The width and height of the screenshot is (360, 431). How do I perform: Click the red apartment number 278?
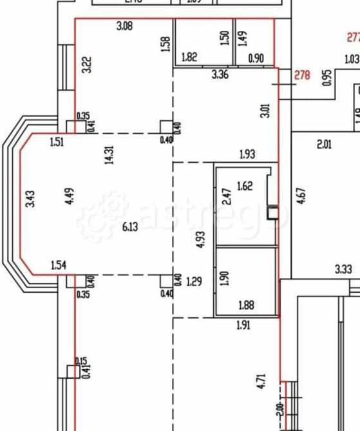tap(302, 75)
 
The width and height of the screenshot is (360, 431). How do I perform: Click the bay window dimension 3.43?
tap(30, 196)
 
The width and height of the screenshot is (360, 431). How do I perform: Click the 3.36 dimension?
tap(221, 75)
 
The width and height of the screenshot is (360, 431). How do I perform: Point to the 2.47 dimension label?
tap(225, 196)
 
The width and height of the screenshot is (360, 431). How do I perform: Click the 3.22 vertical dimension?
tap(86, 65)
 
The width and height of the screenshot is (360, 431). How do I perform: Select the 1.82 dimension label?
tap(189, 57)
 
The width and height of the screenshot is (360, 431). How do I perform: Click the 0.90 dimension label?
tap(256, 57)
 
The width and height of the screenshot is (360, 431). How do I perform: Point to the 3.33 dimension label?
tap(343, 268)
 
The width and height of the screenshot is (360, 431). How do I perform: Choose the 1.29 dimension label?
tap(194, 281)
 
